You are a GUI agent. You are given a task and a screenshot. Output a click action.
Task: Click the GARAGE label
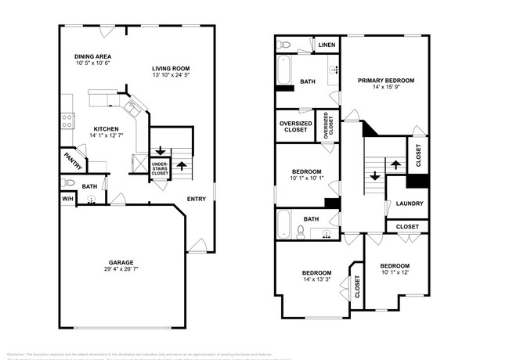tap(121, 262)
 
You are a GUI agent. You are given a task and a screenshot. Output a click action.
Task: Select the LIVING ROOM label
tap(171, 69)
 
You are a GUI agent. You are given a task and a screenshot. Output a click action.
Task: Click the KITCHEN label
tap(106, 128)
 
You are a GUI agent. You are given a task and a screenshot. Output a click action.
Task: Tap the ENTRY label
tap(197, 198)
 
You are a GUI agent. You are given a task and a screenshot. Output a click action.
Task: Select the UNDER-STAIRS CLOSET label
tap(160, 169)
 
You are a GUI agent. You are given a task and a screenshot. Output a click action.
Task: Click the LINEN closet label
tap(327, 45)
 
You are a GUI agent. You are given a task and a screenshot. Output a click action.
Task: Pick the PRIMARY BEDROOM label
tap(386, 81)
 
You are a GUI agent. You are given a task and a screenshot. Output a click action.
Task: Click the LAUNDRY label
tap(410, 203)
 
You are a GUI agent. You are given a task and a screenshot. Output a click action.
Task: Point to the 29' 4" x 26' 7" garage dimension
tap(121, 270)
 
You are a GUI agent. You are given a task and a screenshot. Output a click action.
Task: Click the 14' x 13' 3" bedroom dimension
tap(318, 279)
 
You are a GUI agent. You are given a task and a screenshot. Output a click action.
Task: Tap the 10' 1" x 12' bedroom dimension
tap(395, 272)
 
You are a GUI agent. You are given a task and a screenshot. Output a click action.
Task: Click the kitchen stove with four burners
tap(67, 121)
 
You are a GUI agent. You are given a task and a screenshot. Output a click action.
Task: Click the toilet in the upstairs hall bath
tap(301, 231)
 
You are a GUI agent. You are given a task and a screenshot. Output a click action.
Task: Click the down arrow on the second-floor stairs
tap(374, 175)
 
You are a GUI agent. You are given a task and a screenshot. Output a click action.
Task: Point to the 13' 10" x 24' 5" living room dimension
tap(171, 77)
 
